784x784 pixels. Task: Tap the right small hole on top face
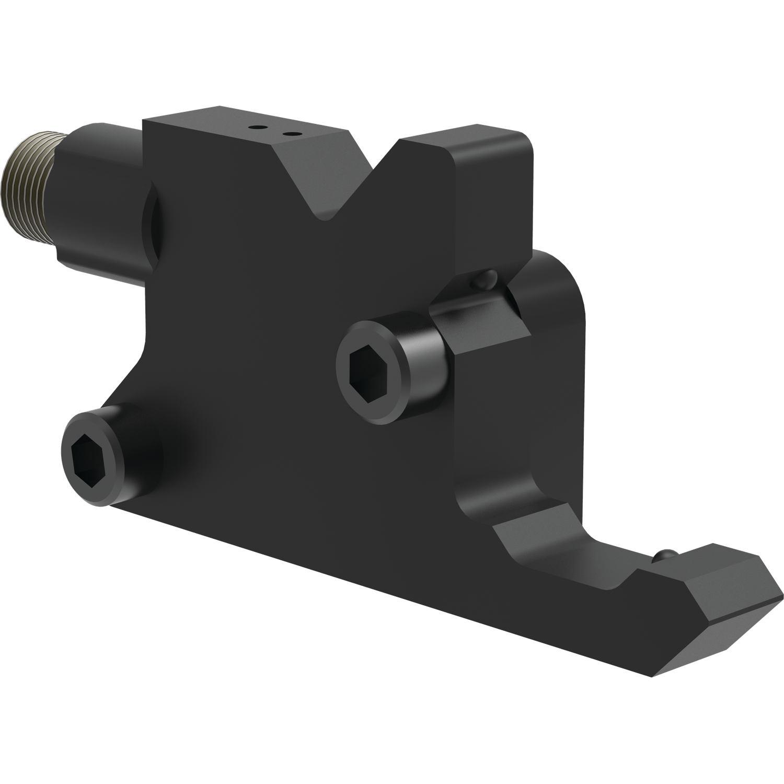(x=286, y=133)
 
